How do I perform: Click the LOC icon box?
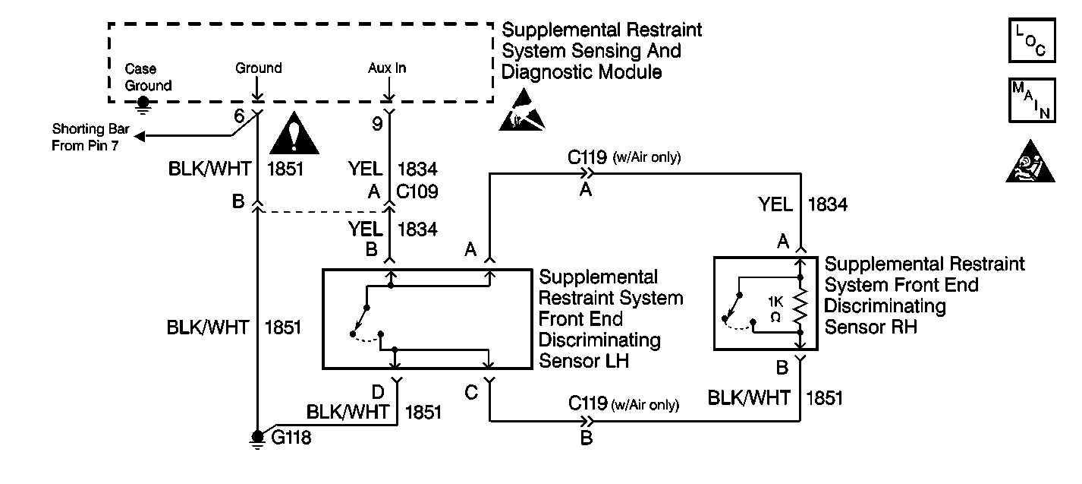[1029, 40]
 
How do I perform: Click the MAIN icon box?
[1029, 100]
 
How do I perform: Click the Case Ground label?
[148, 77]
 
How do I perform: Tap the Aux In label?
[387, 68]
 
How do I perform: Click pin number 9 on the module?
[377, 124]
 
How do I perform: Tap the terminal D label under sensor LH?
[377, 391]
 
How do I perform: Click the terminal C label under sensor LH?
[470, 392]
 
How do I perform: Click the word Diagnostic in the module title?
[549, 72]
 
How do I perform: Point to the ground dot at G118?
[259, 436]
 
